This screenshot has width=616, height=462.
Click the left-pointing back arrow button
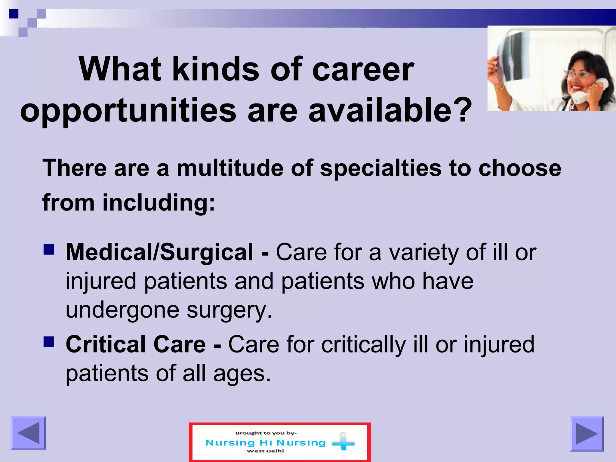click(x=28, y=433)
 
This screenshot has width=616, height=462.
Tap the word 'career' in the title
click(x=363, y=70)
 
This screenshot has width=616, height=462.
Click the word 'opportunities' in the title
click(x=128, y=111)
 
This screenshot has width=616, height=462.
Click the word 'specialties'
click(x=381, y=168)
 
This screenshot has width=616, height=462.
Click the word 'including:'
click(x=159, y=203)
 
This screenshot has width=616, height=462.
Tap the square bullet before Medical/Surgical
click(x=49, y=249)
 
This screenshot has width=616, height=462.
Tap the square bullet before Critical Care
click(x=49, y=342)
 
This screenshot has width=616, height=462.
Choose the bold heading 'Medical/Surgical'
click(x=159, y=252)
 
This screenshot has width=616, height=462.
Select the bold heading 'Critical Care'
click(x=136, y=344)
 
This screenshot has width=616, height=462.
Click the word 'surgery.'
click(x=229, y=310)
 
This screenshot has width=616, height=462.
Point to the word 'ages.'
click(x=242, y=374)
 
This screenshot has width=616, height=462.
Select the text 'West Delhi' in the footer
click(x=265, y=451)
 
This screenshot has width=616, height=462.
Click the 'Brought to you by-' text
click(x=266, y=433)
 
